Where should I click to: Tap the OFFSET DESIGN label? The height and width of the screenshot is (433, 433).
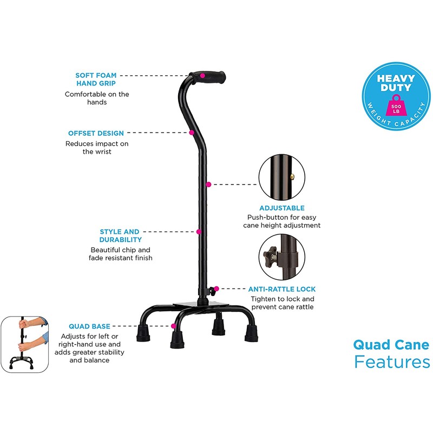[96, 133]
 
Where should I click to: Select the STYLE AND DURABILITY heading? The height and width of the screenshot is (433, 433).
[120, 235]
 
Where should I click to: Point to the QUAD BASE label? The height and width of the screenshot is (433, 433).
[89, 326]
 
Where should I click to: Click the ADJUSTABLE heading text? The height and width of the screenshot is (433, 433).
[282, 208]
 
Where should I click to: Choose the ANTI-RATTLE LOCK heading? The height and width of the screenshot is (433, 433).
[281, 289]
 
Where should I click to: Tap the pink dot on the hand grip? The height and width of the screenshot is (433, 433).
[202, 75]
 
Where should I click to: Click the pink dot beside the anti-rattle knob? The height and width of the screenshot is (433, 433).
[216, 289]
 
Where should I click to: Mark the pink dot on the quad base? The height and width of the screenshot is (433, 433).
[173, 326]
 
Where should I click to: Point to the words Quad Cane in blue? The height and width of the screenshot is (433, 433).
[391, 344]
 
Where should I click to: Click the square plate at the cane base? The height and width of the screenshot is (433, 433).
[189, 306]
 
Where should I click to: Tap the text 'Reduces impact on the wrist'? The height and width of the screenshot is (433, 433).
[97, 148]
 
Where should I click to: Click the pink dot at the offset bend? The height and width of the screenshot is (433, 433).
[192, 132]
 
